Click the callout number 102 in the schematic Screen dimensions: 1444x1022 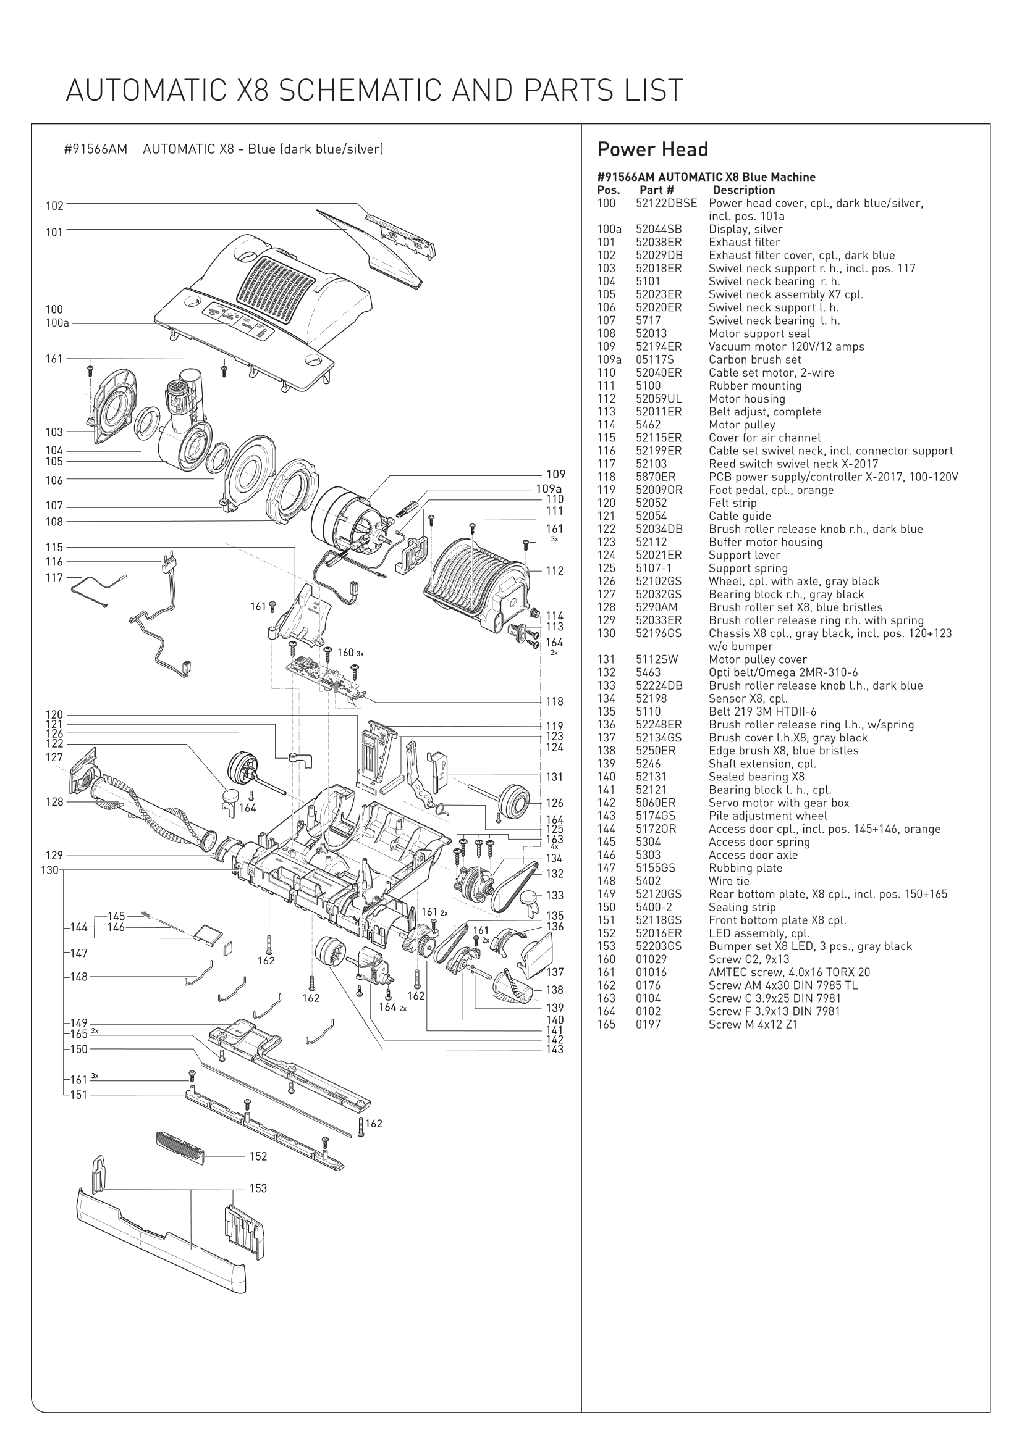coord(55,206)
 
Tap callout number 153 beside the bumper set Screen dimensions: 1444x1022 coord(258,1188)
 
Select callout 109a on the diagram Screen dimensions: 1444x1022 coord(549,488)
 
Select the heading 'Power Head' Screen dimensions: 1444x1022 coord(652,149)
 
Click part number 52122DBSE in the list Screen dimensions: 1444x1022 coord(666,203)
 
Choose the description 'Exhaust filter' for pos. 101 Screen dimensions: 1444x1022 coord(744,242)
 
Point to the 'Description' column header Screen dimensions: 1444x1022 coord(743,190)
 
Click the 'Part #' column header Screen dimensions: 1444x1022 coord(656,190)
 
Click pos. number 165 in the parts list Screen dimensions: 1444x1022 coord(606,1025)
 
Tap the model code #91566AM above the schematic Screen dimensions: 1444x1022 coord(96,149)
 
